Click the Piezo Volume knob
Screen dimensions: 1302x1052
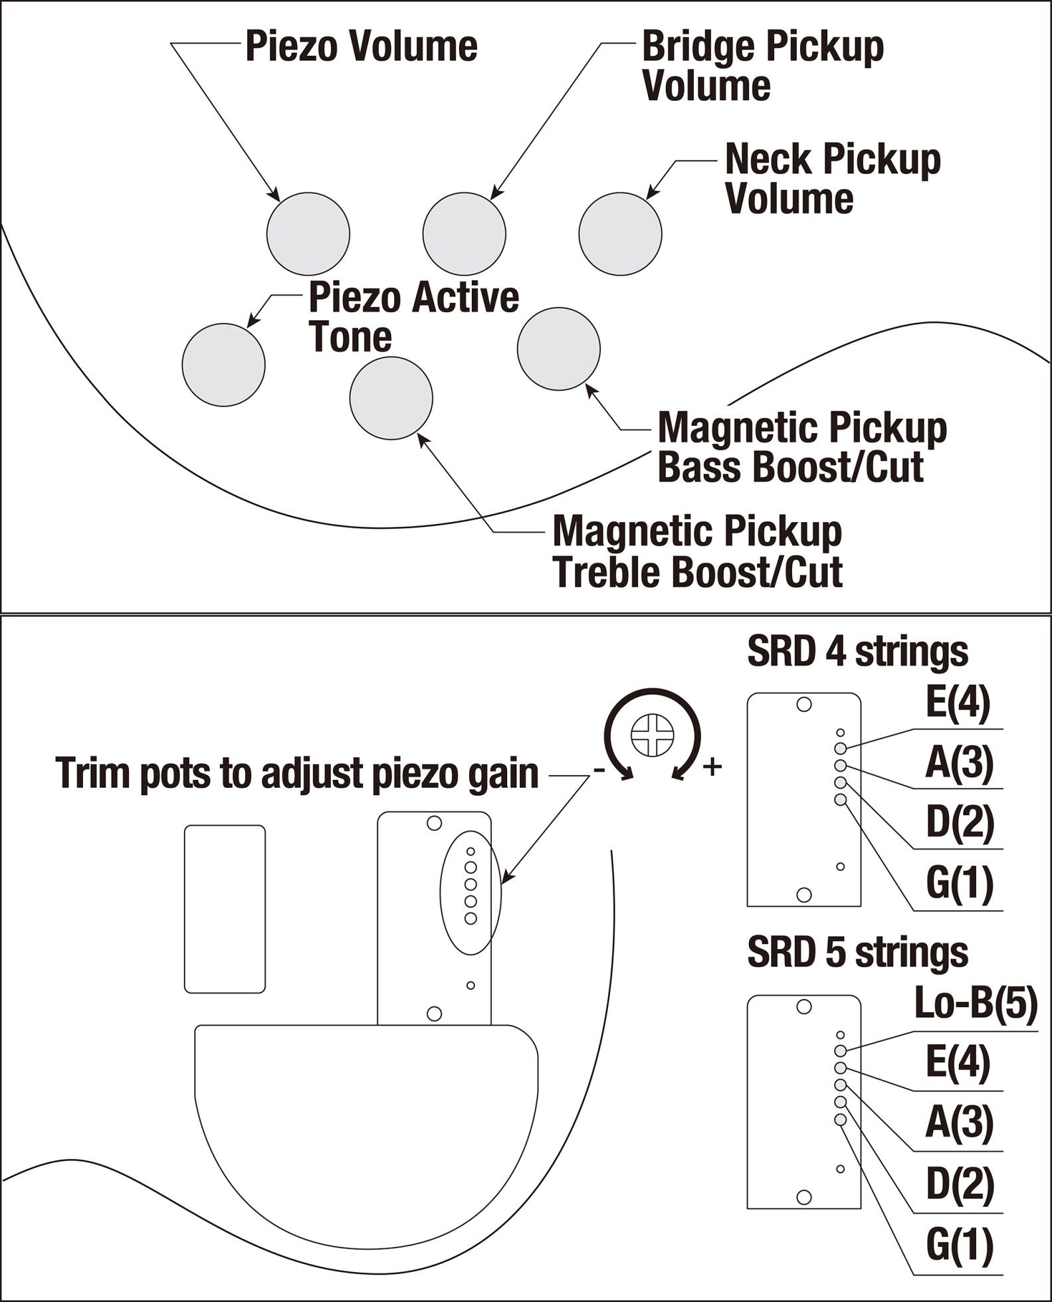point(308,233)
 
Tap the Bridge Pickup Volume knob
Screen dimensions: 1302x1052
point(464,233)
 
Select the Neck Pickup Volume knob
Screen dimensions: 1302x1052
point(620,233)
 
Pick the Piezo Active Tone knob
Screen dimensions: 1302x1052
point(223,364)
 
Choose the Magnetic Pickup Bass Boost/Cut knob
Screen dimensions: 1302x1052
point(558,349)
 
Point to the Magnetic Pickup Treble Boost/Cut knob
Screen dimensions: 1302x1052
point(391,397)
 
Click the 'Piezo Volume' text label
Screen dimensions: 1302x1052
point(361,46)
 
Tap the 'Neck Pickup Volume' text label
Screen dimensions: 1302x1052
point(832,179)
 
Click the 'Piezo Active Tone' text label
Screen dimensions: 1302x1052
point(413,317)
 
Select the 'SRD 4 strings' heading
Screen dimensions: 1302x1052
point(857,652)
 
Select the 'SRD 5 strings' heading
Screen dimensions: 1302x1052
point(857,953)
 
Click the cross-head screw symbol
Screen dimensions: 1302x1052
point(653,735)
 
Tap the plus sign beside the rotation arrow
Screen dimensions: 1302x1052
point(712,767)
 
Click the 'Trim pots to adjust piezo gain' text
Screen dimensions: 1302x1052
point(297,773)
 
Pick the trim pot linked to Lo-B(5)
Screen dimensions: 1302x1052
point(841,1050)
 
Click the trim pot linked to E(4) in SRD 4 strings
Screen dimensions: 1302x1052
point(841,749)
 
